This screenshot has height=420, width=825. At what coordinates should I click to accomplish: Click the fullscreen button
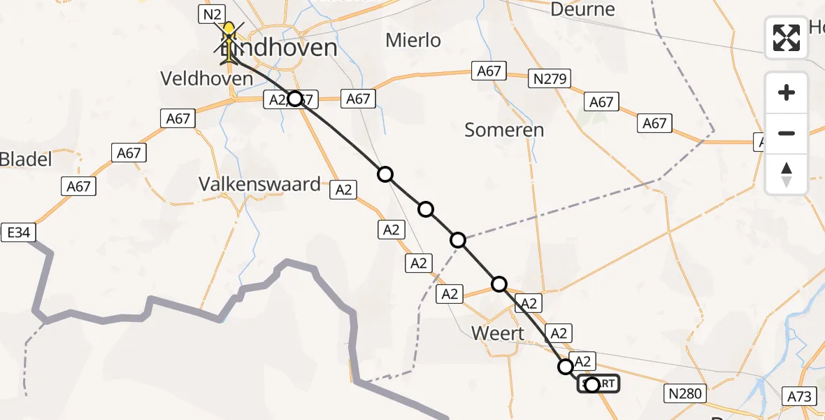pyautogui.click(x=787, y=38)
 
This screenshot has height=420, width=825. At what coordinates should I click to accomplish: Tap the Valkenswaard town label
pyautogui.click(x=259, y=184)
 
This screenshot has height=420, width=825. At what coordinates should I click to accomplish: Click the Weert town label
pyautogui.click(x=498, y=333)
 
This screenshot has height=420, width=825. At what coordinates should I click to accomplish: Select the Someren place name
pyautogui.click(x=504, y=130)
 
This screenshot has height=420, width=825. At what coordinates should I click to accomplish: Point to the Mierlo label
pyautogui.click(x=413, y=41)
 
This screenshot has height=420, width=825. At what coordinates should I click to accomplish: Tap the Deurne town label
pyautogui.click(x=582, y=9)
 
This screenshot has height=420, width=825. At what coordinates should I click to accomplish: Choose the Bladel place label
pyautogui.click(x=26, y=160)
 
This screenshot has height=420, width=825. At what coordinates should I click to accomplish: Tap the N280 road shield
pyautogui.click(x=684, y=393)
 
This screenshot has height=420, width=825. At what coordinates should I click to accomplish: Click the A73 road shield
pyautogui.click(x=799, y=397)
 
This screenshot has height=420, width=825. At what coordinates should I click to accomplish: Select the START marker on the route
pyautogui.click(x=598, y=384)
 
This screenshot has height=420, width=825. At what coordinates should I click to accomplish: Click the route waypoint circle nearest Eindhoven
pyautogui.click(x=295, y=99)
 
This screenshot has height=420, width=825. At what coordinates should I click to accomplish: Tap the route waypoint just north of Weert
pyautogui.click(x=499, y=284)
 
